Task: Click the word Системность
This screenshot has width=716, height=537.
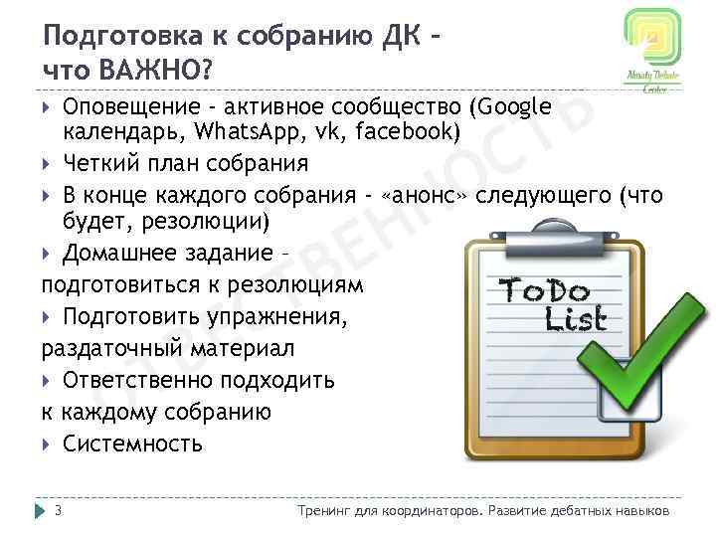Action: click(x=132, y=444)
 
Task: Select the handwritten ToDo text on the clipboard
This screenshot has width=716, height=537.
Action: click(x=544, y=291)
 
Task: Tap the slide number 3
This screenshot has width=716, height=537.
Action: click(x=59, y=511)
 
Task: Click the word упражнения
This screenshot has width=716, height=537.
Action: click(x=278, y=317)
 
